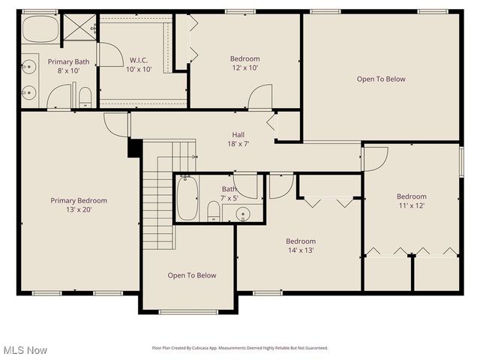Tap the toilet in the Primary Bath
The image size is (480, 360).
[x=85, y=97]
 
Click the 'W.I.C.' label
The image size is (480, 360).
[x=139, y=60]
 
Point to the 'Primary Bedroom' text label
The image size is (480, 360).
[x=79, y=200]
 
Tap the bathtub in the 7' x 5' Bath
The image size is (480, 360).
[x=187, y=199]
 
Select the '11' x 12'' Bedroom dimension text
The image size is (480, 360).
[x=411, y=206]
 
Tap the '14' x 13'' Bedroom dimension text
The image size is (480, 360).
[x=300, y=250]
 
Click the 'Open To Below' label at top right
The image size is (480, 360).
[x=381, y=79]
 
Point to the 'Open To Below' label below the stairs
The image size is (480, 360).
[x=191, y=275]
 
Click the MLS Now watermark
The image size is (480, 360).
[x=25, y=350]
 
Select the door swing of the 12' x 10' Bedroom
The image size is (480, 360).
[x=260, y=97]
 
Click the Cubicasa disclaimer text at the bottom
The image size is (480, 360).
[x=240, y=348]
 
